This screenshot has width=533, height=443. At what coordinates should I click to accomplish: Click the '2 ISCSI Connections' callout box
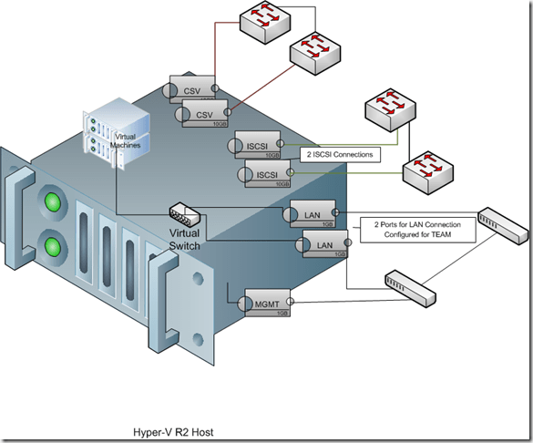340,155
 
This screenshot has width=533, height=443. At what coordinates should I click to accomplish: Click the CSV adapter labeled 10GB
204,116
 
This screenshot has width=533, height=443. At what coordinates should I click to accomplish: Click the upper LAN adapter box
311,213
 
